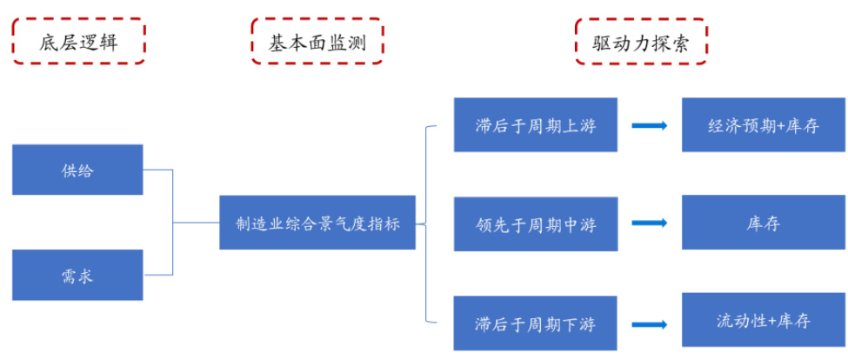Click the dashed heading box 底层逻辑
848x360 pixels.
77,40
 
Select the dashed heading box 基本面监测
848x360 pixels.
317,40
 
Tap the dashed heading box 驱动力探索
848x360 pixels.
641,40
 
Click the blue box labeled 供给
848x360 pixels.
77,170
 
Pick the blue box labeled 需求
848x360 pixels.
77,276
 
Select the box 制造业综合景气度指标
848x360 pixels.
317,223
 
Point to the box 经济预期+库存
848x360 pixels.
764,125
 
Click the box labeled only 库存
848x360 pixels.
764,223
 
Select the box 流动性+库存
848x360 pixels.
764,321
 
